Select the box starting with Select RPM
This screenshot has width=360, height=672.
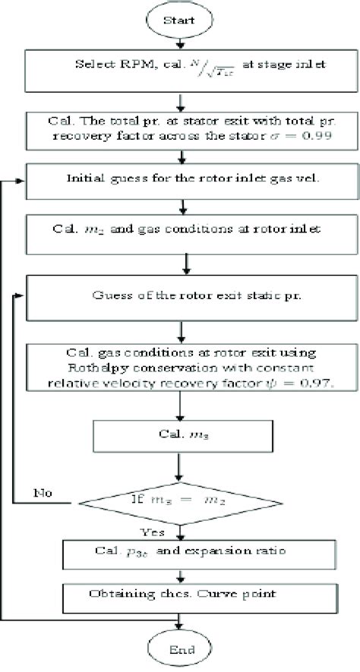click(180, 69)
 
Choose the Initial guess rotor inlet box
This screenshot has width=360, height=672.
click(180, 181)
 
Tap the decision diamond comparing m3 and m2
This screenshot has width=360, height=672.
click(180, 501)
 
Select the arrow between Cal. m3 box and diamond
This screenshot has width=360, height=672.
click(180, 467)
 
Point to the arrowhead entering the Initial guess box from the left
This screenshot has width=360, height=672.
click(21, 181)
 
